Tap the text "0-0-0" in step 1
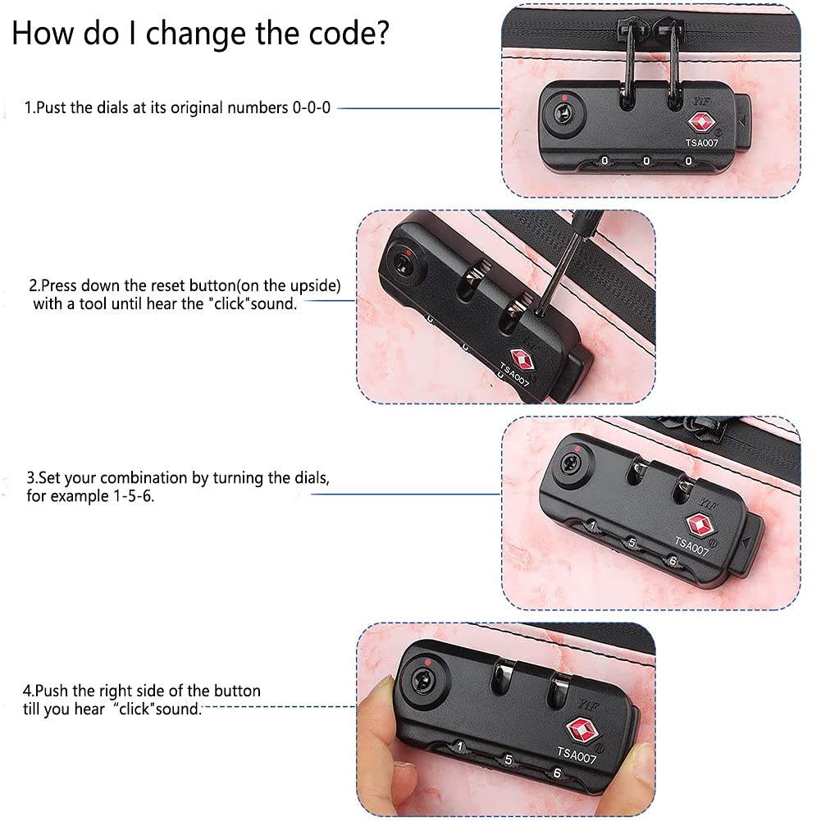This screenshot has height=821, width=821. (312, 108)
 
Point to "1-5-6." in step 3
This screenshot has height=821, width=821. (134, 496)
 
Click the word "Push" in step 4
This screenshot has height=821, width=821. (52, 691)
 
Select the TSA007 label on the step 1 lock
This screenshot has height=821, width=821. (701, 143)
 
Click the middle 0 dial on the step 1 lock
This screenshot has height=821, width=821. (646, 162)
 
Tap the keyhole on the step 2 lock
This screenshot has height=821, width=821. (404, 261)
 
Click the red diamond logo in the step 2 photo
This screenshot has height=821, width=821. (522, 360)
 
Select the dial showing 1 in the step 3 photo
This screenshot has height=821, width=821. (593, 526)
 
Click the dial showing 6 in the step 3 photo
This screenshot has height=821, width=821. (673, 561)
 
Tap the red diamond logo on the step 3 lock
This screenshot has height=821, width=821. (699, 525)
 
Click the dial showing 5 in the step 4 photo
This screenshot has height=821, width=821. (508, 759)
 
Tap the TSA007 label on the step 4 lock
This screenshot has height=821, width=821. (577, 755)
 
